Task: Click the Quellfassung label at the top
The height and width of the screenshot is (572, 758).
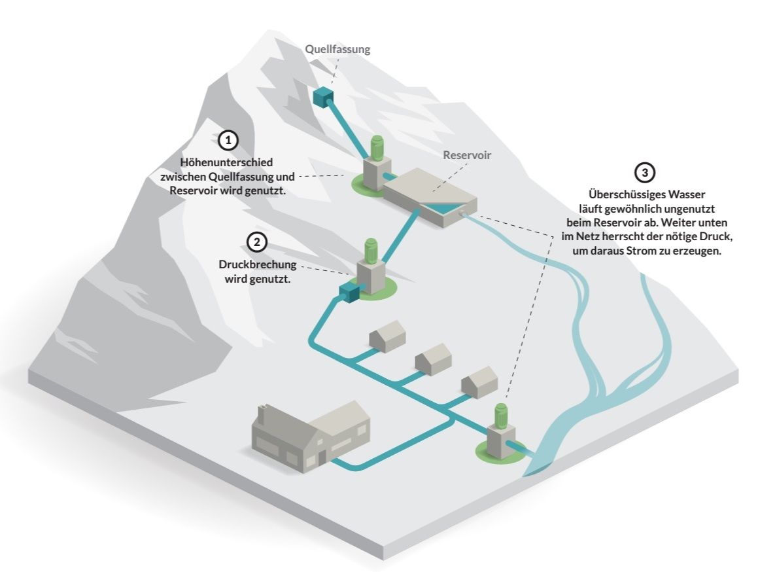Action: (337, 49)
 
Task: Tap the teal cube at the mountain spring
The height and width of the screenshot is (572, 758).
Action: (323, 97)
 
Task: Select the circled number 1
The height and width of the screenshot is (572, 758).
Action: (227, 140)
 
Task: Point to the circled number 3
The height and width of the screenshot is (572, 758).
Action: (645, 173)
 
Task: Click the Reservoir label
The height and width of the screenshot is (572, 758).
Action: (466, 156)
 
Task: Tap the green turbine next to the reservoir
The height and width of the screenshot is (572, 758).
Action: (377, 148)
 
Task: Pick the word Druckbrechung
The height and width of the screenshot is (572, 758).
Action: (258, 266)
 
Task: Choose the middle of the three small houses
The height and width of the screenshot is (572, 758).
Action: (433, 359)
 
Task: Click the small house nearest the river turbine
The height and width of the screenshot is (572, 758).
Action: (479, 382)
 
